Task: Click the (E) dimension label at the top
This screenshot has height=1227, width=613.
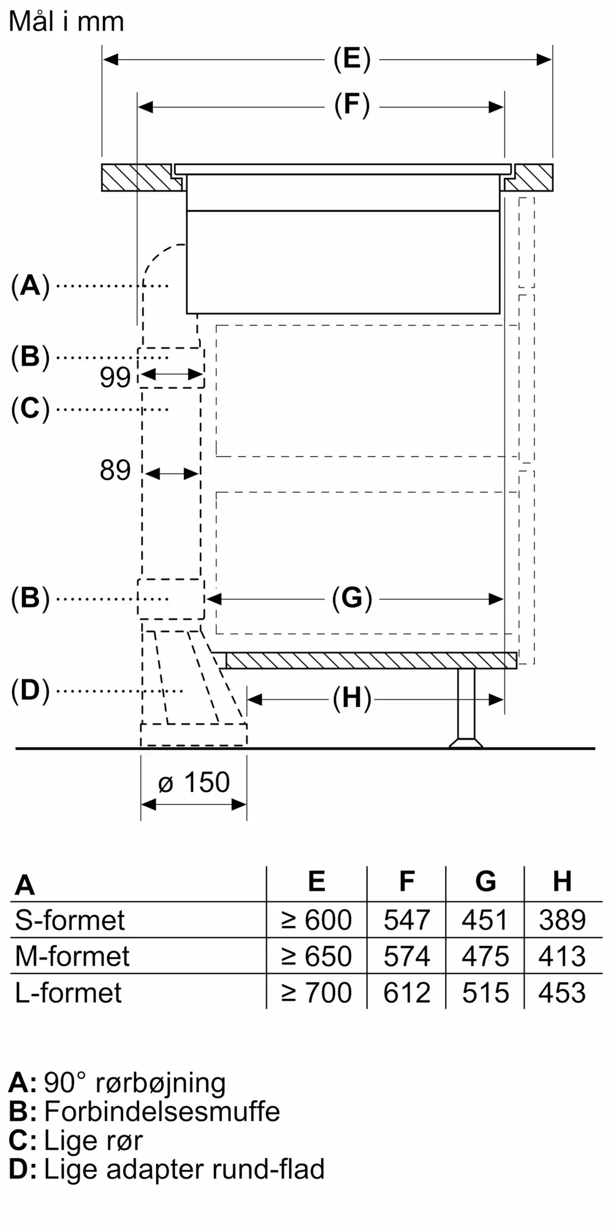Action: pos(352,60)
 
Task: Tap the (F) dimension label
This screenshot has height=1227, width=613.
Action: pos(352,106)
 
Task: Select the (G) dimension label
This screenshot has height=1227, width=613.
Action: pos(352,598)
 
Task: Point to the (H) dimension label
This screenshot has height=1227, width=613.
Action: pos(352,698)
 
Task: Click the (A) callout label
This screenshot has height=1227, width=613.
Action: pos(30,286)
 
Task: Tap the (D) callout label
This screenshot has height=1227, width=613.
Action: pos(30,691)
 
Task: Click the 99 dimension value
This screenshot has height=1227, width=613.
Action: pos(115,377)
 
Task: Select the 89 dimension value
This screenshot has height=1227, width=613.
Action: pos(115,471)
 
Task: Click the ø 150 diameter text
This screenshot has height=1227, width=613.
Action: pos(194,783)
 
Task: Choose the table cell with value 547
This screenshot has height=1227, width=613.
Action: pos(406,920)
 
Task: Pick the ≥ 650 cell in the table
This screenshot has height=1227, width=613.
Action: pos(316,956)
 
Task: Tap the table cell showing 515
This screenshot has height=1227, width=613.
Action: pos(485,993)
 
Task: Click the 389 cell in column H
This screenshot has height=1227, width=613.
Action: pos(562,920)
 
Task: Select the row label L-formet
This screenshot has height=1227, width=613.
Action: pos(69,993)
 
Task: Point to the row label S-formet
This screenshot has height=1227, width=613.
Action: pos(70,920)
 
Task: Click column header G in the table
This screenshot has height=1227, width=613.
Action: pos(485,882)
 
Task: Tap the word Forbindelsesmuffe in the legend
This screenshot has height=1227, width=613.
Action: pos(162,1112)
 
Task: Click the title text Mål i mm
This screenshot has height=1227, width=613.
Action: pos(66,22)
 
